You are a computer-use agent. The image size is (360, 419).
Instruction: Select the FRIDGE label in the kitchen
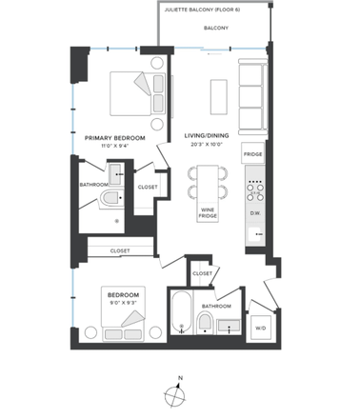[252, 154]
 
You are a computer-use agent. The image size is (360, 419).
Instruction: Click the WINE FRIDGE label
[208, 213]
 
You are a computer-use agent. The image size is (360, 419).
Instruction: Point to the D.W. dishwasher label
[255, 212]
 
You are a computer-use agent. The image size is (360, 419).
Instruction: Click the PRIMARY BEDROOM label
[115, 138]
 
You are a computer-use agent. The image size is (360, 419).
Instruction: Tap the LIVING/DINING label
[205, 136]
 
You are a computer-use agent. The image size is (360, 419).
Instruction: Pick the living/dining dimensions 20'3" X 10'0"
[205, 146]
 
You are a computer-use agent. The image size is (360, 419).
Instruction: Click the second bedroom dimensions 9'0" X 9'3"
[124, 304]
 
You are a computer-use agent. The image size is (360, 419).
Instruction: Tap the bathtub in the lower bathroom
[180, 318]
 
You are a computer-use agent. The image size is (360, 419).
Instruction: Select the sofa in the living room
[251, 96]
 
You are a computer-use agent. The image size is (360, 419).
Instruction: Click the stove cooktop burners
[254, 189]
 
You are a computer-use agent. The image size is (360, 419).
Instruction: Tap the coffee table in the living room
[217, 95]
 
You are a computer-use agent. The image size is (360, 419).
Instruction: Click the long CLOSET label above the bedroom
[120, 251]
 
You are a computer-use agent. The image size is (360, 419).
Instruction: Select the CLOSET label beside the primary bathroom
[148, 187]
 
